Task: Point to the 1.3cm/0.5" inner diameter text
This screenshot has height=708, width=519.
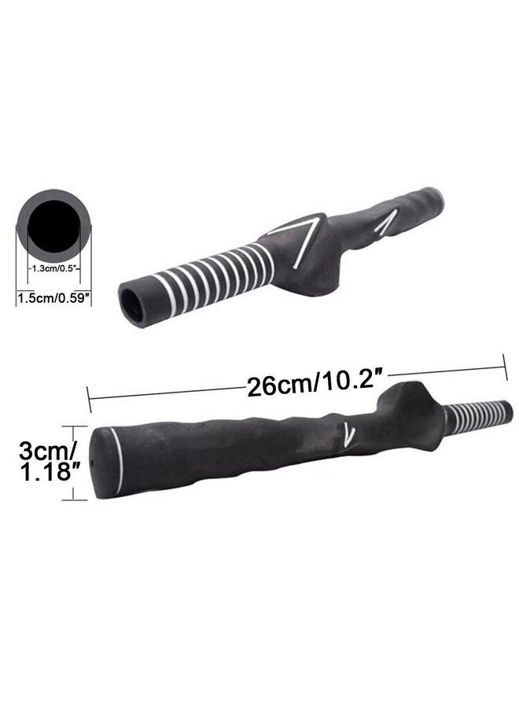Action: [x=53, y=268]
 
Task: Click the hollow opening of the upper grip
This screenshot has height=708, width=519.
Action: [x=131, y=303]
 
